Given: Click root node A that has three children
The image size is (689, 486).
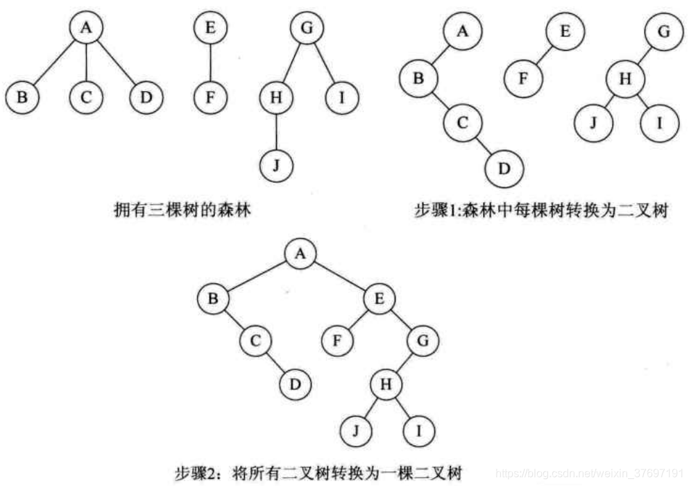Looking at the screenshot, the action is (x=85, y=29).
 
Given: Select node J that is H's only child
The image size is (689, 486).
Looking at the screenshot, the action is (x=276, y=166).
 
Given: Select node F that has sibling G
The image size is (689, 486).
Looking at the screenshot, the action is (x=337, y=341).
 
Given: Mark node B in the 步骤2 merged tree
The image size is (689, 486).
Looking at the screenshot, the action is (x=212, y=300).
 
